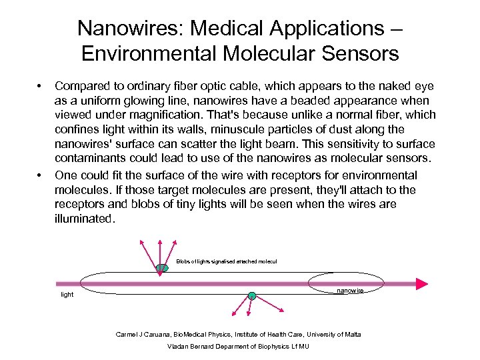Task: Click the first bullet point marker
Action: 40,86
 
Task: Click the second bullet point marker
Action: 40,175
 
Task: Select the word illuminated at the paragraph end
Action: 85,218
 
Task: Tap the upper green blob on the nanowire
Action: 161,269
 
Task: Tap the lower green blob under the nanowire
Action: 251,295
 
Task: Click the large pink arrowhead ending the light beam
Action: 421,283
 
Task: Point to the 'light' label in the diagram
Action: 67,293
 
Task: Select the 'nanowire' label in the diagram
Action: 350,291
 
